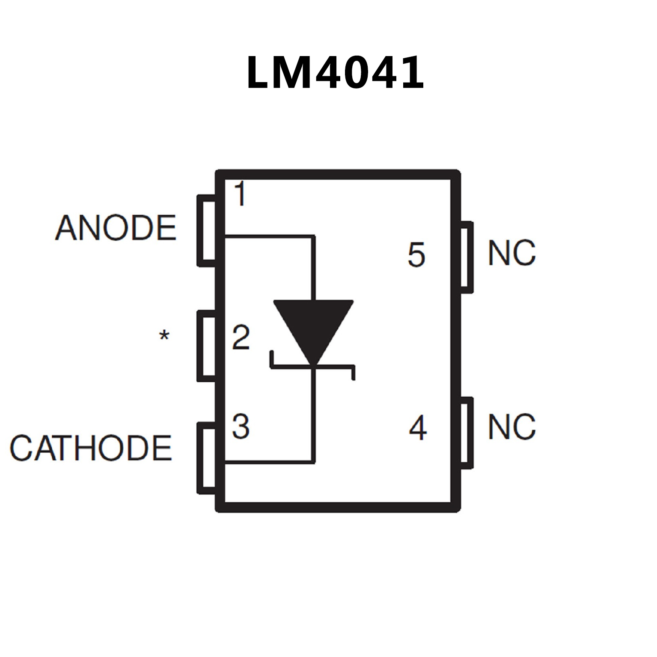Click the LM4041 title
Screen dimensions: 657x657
tap(335, 73)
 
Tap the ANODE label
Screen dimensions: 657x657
tap(116, 228)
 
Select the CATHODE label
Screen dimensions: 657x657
tap(91, 448)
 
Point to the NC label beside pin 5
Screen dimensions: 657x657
tap(511, 253)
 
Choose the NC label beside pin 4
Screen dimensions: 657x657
tap(511, 427)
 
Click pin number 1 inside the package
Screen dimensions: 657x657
tap(241, 194)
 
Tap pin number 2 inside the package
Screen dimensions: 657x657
tap(241, 337)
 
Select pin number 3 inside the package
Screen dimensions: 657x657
tap(241, 426)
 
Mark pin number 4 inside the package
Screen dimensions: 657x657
tap(418, 428)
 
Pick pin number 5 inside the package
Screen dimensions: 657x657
tap(416, 255)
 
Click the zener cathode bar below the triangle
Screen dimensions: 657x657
tap(312, 366)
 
